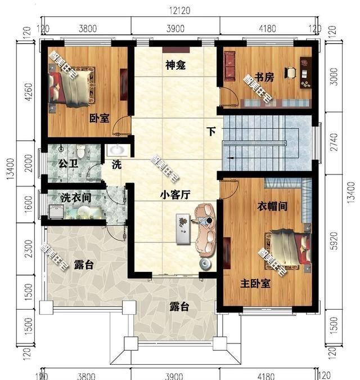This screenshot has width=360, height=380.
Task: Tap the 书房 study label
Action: tap(265, 78)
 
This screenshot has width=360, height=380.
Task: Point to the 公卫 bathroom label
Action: tap(66, 164)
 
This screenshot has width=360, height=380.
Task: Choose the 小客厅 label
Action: tap(175, 194)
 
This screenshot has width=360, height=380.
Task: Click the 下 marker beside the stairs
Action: tap(211, 132)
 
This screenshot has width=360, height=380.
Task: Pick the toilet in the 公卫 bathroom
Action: tap(82, 151)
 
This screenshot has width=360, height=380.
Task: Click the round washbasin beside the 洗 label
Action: tap(118, 150)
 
